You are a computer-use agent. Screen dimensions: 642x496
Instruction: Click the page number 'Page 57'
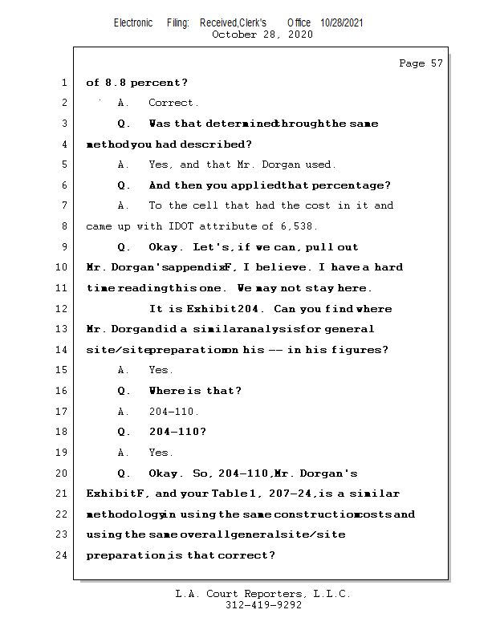click(421, 63)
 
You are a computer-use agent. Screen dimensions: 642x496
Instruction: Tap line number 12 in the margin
click(63, 308)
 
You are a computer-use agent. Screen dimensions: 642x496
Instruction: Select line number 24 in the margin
click(63, 555)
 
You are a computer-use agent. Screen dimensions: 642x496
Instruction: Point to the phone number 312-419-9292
click(263, 605)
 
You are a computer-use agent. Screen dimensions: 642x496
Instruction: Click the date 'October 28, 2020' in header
click(262, 35)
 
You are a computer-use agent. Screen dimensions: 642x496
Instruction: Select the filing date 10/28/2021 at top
click(341, 23)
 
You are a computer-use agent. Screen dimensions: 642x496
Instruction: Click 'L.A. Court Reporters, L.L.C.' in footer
click(262, 594)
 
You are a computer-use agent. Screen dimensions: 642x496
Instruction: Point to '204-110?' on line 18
click(177, 432)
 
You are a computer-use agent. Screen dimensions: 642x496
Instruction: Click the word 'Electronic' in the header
click(133, 23)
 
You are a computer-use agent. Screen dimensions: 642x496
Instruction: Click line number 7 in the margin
click(63, 205)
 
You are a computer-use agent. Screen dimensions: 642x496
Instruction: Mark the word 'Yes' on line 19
click(161, 453)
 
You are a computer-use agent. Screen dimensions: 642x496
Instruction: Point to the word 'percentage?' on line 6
click(352, 185)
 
